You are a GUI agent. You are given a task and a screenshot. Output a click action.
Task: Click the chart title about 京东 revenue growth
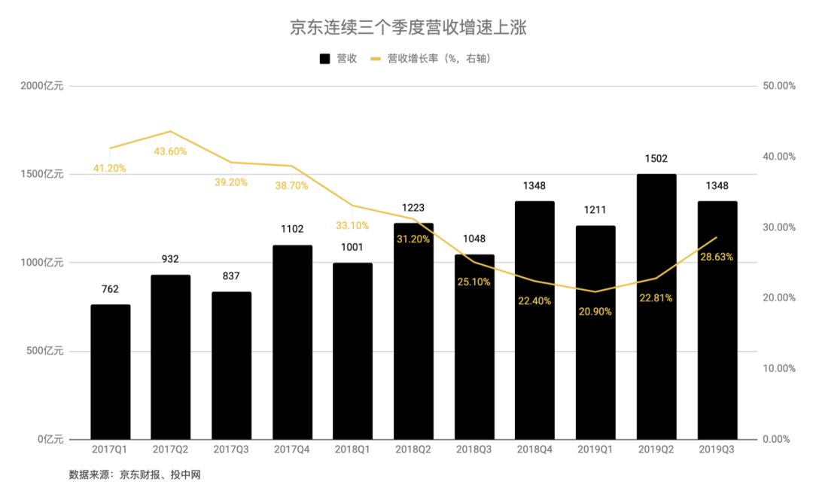[x=406, y=29]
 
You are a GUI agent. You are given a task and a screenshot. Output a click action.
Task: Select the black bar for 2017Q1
[x=111, y=372]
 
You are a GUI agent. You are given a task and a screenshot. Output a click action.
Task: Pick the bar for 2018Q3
[x=474, y=347]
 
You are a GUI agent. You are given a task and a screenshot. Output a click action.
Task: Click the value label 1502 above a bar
[x=656, y=159]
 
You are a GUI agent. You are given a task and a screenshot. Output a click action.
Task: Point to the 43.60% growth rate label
[x=170, y=151]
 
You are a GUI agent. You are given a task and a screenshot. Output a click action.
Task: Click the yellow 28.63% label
[x=717, y=257]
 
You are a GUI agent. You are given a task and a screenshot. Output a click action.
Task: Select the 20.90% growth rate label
[x=595, y=311]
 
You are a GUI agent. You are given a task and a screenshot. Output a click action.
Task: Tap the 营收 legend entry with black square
[x=338, y=59]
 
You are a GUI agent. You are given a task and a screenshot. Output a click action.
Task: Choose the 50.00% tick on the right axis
[x=779, y=86]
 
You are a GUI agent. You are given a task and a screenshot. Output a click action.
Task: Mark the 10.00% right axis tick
[x=779, y=368]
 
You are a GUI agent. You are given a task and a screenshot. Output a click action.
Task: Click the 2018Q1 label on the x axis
[x=352, y=450]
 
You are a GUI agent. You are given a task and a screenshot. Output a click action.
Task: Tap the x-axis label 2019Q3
[x=717, y=450]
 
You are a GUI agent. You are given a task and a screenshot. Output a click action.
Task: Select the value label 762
[x=110, y=289]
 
